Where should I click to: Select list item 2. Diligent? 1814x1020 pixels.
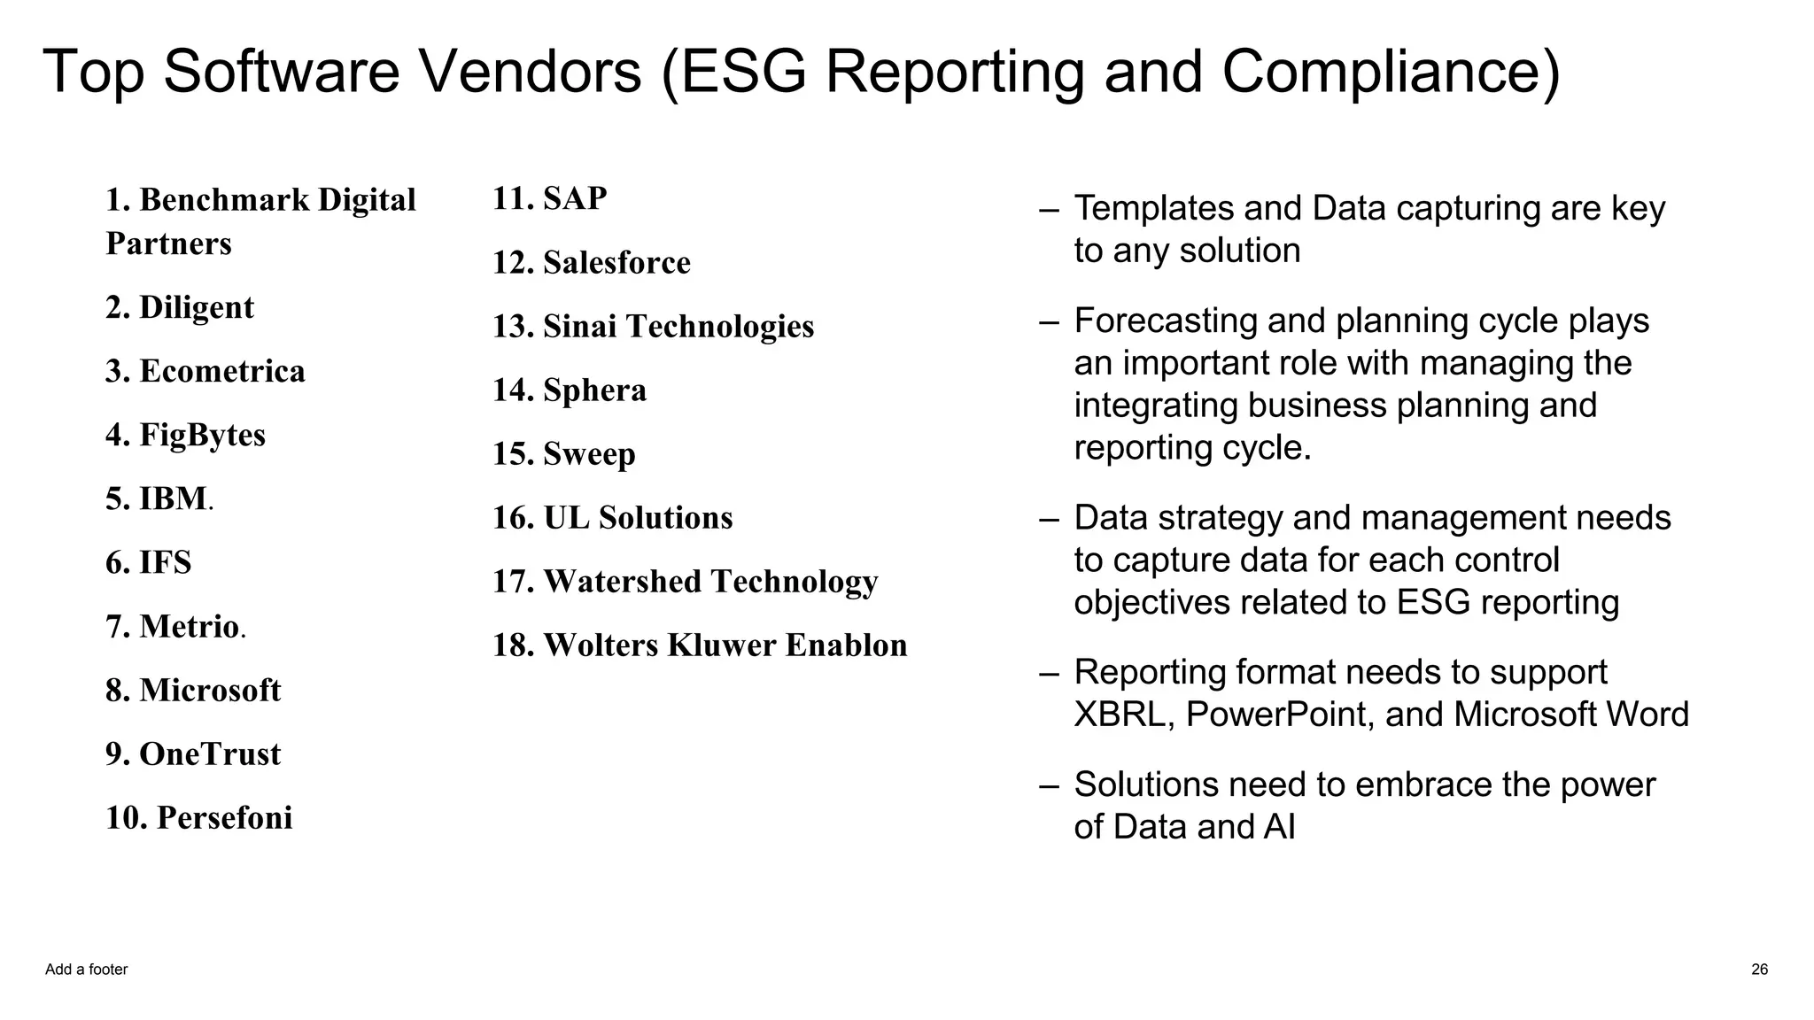point(180,307)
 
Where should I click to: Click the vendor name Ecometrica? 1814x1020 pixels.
point(221,371)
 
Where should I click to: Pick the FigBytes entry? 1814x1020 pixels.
point(202,435)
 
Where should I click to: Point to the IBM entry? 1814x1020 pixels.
point(173,498)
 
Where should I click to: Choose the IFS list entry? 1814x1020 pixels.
point(165,562)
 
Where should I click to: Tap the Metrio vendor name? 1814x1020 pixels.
point(189,626)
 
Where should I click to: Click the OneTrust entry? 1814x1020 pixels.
point(209,753)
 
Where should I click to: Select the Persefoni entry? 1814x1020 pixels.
point(224,817)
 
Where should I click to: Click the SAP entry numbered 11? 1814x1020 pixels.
point(575,198)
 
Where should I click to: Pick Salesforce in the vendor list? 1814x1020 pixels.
point(616,262)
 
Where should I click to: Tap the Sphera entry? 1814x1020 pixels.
point(594,390)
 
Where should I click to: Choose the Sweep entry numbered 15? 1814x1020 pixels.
point(589,453)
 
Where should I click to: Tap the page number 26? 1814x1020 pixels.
point(1759,970)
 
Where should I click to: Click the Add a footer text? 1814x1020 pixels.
point(86,970)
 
